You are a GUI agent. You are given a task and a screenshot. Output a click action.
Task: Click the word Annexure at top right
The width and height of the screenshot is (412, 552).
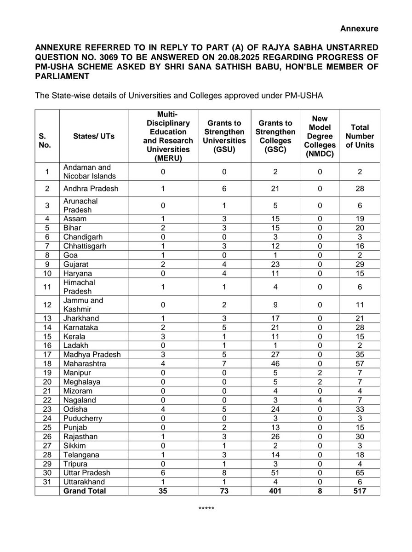click(x=359, y=29)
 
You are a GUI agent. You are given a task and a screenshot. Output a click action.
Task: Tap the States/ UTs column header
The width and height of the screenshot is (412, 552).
click(x=94, y=136)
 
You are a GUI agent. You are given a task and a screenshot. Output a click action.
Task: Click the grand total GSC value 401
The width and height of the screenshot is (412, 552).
click(x=275, y=491)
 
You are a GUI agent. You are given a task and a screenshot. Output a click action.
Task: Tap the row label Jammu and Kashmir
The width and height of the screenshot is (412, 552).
click(x=84, y=305)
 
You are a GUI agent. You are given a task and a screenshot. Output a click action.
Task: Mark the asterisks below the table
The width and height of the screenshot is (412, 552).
click(x=205, y=509)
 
